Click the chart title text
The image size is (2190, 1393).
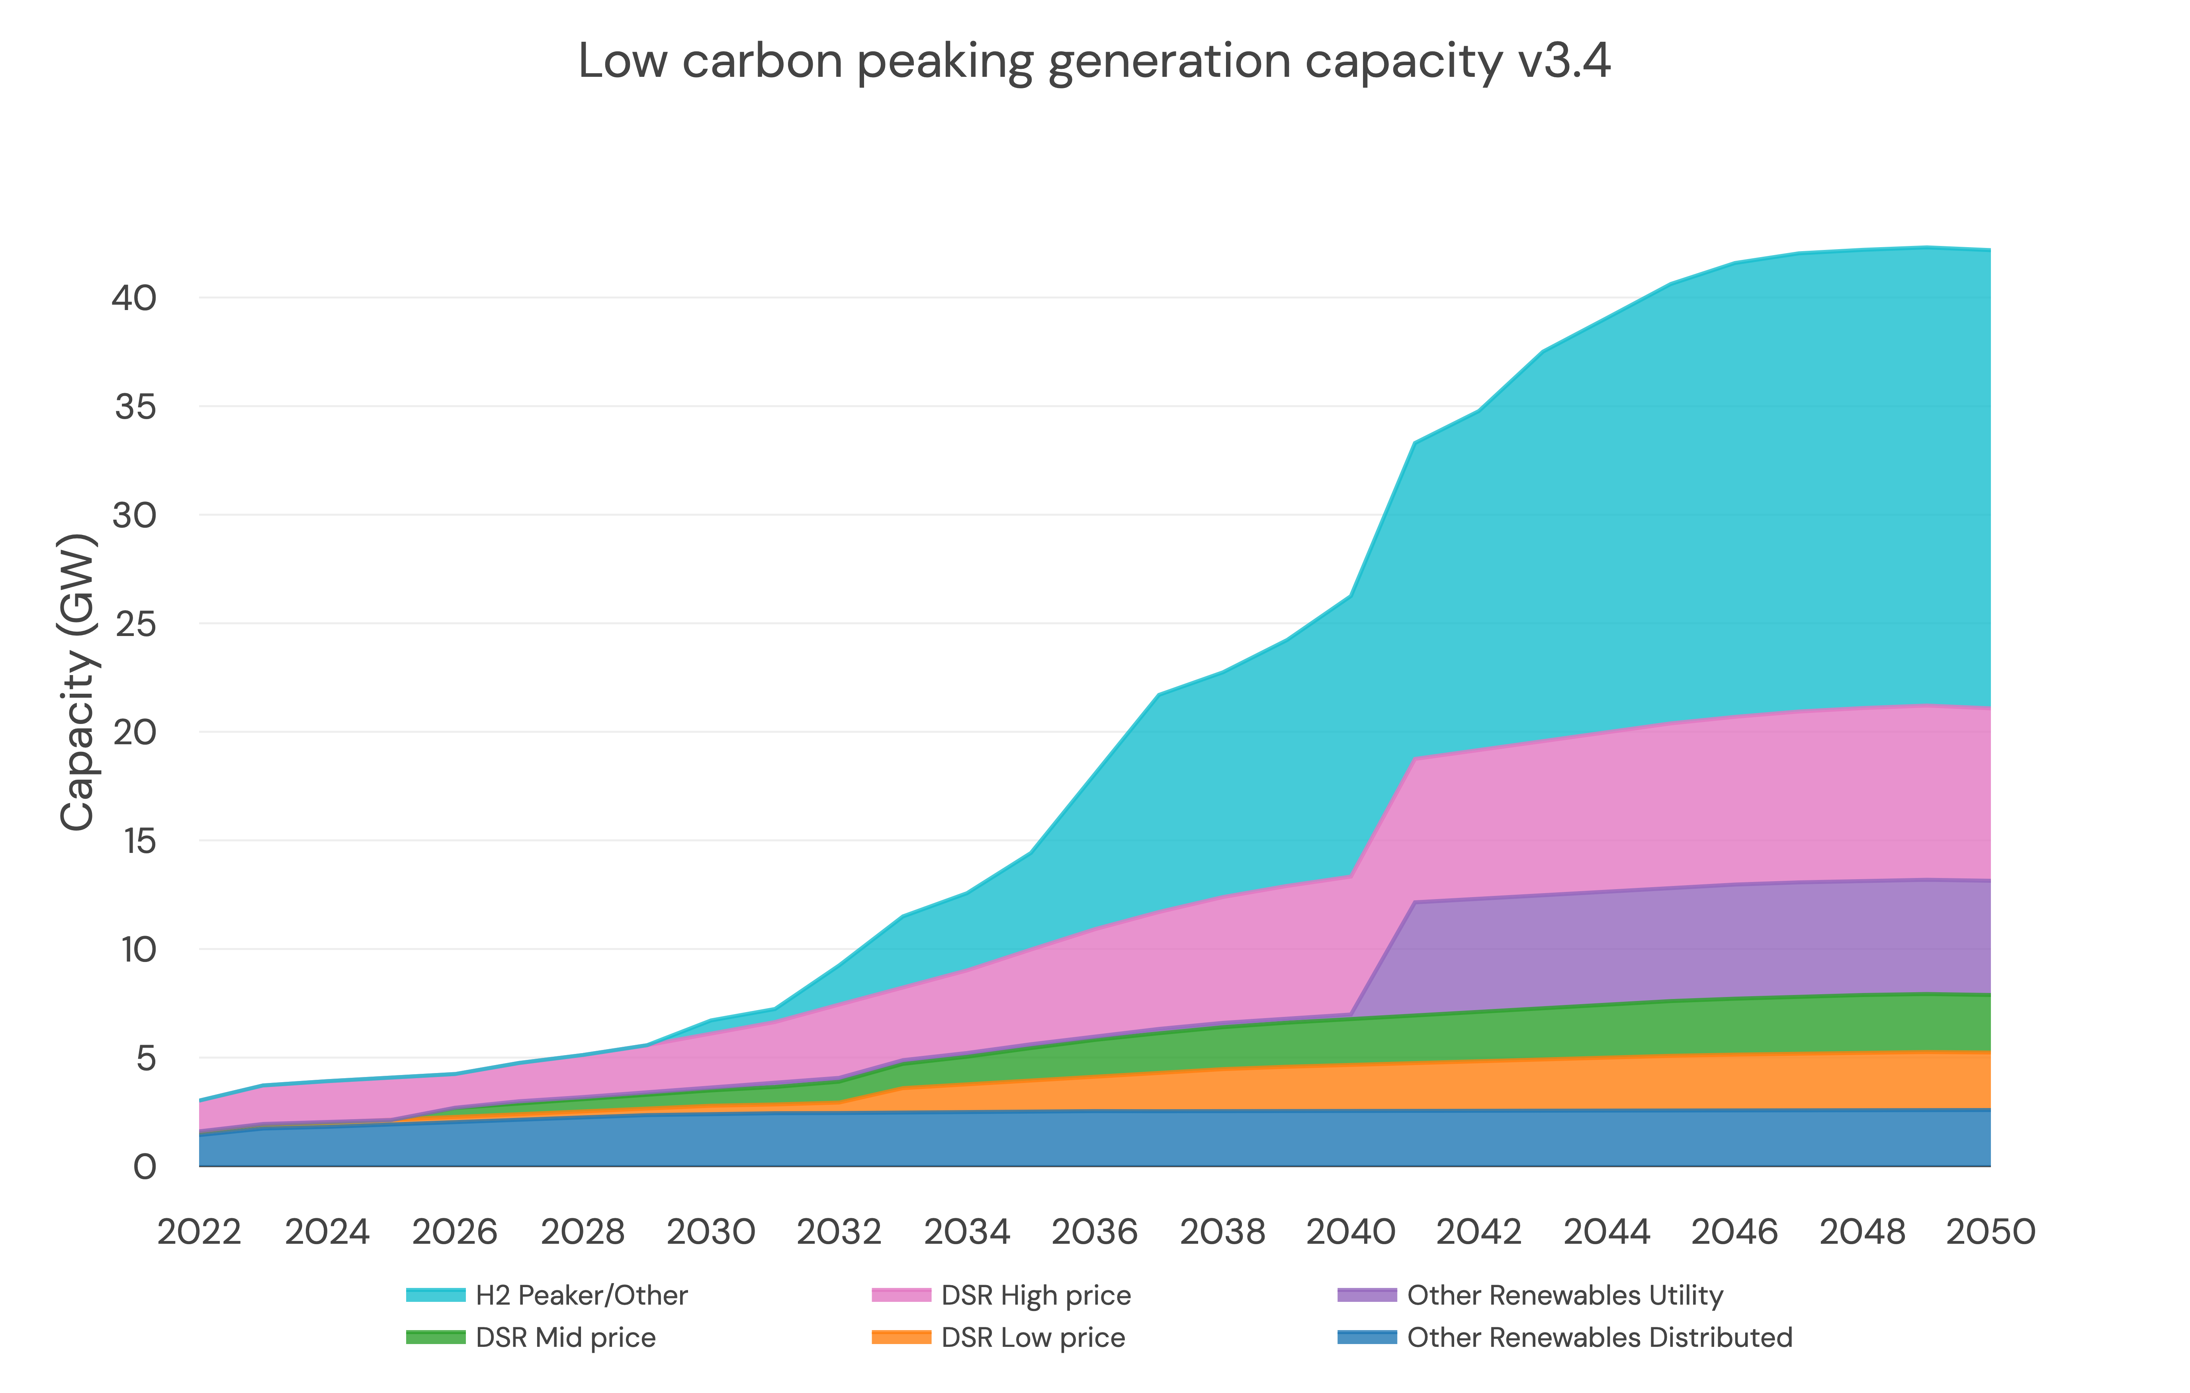(x=1094, y=62)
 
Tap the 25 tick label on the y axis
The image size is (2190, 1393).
(x=135, y=624)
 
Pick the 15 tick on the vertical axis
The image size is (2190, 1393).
(x=135, y=841)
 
